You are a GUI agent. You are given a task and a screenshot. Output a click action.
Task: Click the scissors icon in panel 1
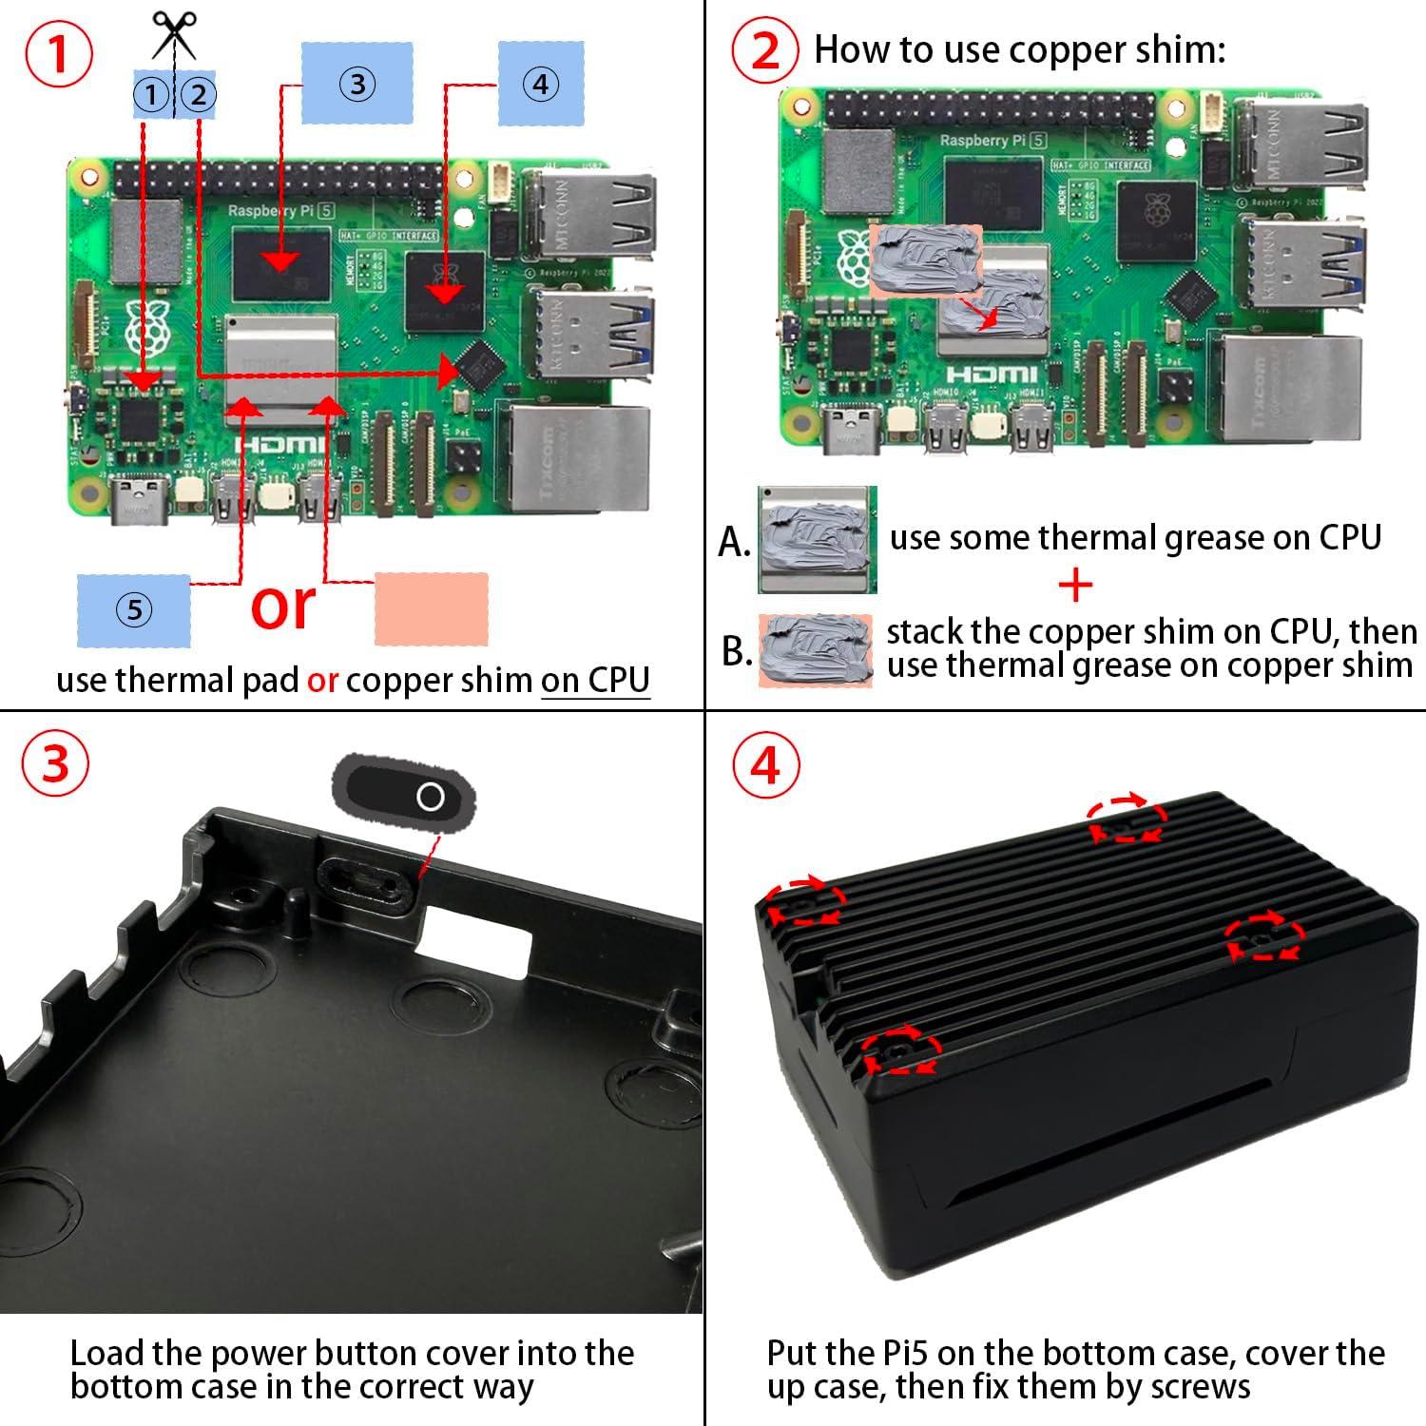click(174, 34)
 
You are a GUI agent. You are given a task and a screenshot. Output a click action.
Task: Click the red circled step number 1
click(59, 54)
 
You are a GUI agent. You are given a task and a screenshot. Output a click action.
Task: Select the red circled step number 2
click(765, 51)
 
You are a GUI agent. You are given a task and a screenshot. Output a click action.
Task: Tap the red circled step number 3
click(56, 763)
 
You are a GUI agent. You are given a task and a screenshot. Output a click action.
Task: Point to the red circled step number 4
click(765, 763)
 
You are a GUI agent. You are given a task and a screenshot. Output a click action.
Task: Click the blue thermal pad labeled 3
click(356, 84)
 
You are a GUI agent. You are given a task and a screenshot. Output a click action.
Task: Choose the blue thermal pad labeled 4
click(540, 84)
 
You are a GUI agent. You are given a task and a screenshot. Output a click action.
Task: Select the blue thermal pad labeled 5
click(134, 609)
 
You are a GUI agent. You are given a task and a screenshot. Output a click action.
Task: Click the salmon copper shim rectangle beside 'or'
click(432, 609)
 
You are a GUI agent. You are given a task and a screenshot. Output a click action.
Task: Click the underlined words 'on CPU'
click(595, 681)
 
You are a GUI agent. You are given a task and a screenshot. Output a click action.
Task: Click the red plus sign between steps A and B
click(1075, 586)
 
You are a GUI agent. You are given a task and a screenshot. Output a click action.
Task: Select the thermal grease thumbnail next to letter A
click(817, 540)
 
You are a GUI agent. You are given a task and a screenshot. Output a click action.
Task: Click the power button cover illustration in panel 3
click(403, 796)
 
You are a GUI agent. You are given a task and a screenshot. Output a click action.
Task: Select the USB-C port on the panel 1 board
click(141, 502)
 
